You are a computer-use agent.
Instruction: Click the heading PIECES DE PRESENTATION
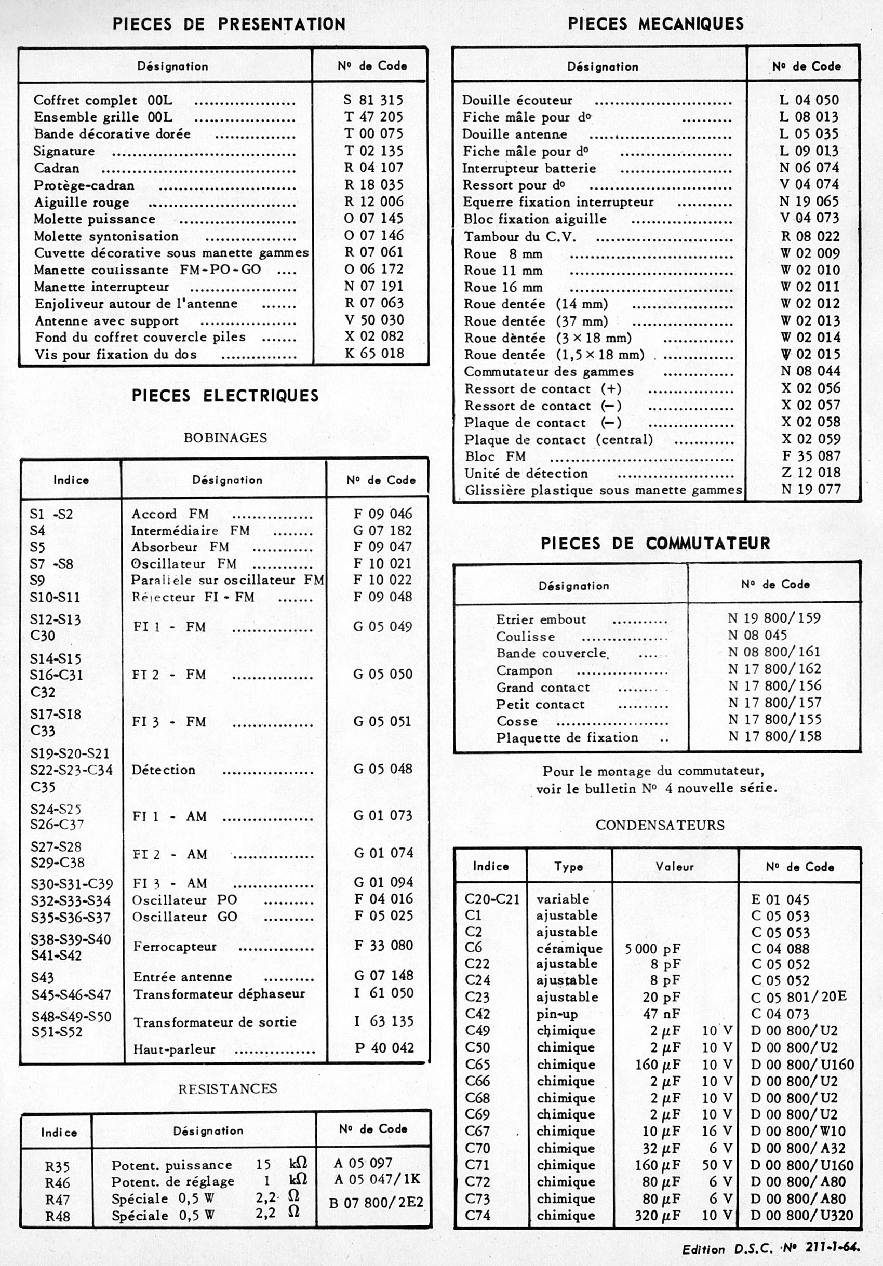229,24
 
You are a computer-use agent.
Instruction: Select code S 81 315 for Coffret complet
373,100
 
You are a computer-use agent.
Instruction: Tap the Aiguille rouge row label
81,203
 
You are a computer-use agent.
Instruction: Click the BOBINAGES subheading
225,438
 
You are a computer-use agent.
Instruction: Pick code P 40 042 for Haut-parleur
384,1048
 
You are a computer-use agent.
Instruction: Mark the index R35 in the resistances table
57,1167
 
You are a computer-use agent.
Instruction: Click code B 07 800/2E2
376,1203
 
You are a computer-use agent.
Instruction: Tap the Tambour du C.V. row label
519,237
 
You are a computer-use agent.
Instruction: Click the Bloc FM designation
494,456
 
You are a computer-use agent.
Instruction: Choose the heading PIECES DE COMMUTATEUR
655,544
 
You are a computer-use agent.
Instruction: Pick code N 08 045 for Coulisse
757,635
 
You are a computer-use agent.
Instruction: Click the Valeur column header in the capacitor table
675,867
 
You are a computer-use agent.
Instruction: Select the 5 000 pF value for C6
652,949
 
